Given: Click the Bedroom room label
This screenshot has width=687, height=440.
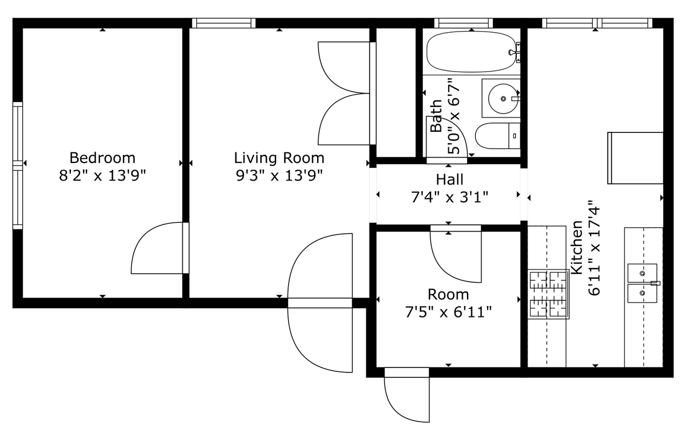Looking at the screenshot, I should coord(102,157).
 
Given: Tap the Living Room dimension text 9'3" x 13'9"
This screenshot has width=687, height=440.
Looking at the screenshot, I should coord(279,175).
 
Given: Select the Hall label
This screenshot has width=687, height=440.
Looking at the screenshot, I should coord(449,180).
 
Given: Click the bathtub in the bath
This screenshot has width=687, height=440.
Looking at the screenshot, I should coord(471,53).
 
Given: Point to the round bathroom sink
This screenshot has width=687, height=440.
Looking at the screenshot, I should coord(503,99).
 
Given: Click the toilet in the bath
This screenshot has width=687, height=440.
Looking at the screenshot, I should coord(498,136).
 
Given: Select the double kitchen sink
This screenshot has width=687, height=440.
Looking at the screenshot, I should coord(643,282).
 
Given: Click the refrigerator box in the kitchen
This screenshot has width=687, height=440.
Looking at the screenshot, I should coord(635,158).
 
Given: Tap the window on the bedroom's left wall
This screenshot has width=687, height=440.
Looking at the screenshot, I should coord(18,165).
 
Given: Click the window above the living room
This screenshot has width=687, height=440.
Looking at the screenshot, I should coord(223,23).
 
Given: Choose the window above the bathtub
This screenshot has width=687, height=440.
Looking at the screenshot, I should coord(464,23).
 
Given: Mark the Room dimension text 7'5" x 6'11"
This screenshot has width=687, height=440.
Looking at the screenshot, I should coord(448,313).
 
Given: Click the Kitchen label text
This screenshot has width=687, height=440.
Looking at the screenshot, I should coord(577,247).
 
